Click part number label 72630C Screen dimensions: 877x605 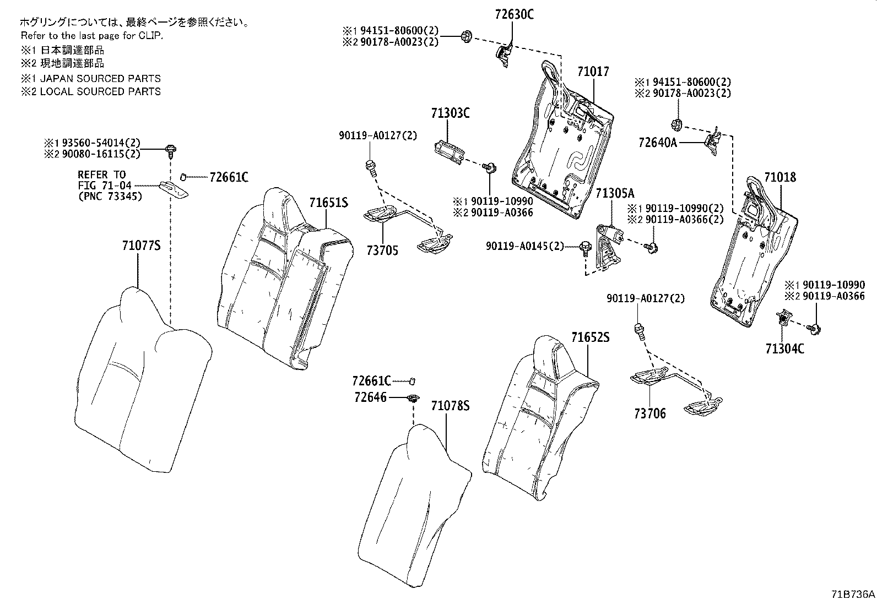coord(514,14)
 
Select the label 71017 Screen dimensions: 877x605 coord(593,72)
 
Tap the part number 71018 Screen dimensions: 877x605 coord(780,177)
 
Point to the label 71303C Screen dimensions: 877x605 coord(450,113)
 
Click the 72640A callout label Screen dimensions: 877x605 coord(658,143)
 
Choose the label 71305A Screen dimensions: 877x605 coord(615,193)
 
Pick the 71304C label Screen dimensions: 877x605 coord(785,348)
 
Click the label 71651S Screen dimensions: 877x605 coord(328,203)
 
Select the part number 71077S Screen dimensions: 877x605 coord(142,246)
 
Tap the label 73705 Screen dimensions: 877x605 coord(382,250)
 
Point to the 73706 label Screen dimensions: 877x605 coord(650,413)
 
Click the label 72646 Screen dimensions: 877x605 coord(370,397)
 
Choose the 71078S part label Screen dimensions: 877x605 coord(450,406)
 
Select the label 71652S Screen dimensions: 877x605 coord(591,337)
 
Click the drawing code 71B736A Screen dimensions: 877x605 coord(853,594)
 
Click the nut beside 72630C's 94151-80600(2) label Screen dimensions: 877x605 coord(467,37)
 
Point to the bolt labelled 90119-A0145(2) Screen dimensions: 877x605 coord(586,248)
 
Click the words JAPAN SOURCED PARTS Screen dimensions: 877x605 coord(100,79)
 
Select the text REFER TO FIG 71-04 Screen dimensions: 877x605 coord(105,180)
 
